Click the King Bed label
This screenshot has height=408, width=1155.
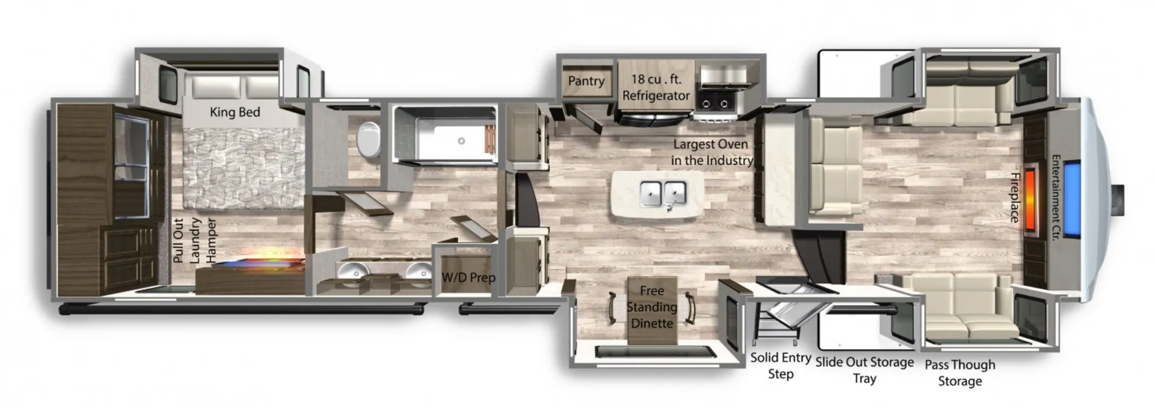click(x=235, y=112)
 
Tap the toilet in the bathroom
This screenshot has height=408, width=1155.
click(x=368, y=140)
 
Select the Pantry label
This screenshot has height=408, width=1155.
click(x=586, y=81)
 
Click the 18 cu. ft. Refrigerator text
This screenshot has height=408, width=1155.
click(x=656, y=87)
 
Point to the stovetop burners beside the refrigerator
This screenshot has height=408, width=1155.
click(x=715, y=104)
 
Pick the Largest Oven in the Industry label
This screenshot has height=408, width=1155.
click(x=712, y=152)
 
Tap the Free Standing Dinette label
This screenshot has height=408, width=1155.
click(x=652, y=307)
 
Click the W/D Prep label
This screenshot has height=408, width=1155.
click(x=469, y=277)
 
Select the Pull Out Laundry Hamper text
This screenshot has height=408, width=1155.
click(x=194, y=240)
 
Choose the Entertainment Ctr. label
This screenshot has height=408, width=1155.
click(x=1055, y=198)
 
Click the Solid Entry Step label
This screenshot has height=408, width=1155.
click(x=780, y=365)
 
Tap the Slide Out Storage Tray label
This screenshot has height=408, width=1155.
click(x=864, y=370)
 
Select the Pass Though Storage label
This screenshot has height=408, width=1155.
click(x=960, y=372)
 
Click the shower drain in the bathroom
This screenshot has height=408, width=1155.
click(x=461, y=141)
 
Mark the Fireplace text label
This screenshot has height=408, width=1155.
click(x=1014, y=197)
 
